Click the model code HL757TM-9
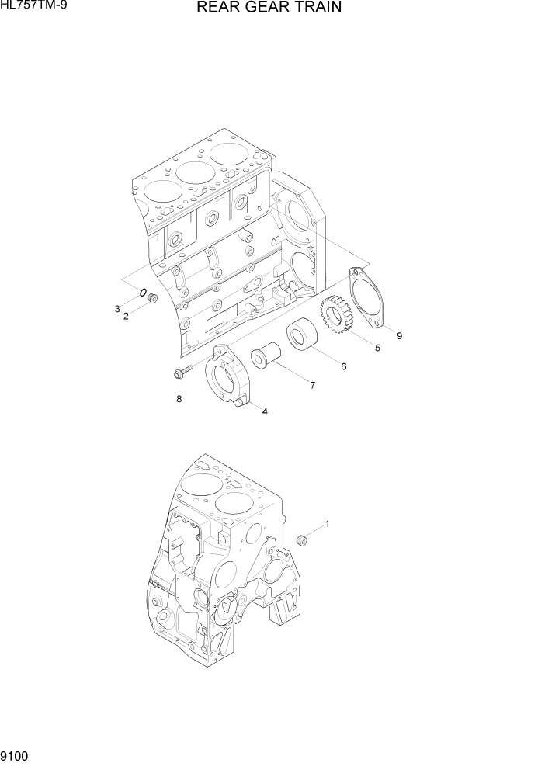tap(33, 6)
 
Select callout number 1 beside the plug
tap(327, 524)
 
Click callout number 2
tap(126, 315)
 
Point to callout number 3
tap(117, 309)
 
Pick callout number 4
tap(265, 411)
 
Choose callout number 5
tap(377, 348)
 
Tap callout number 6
tap(343, 366)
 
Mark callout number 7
tap(312, 384)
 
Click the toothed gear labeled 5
tap(338, 316)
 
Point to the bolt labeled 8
tap(182, 374)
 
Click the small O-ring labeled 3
tap(144, 293)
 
